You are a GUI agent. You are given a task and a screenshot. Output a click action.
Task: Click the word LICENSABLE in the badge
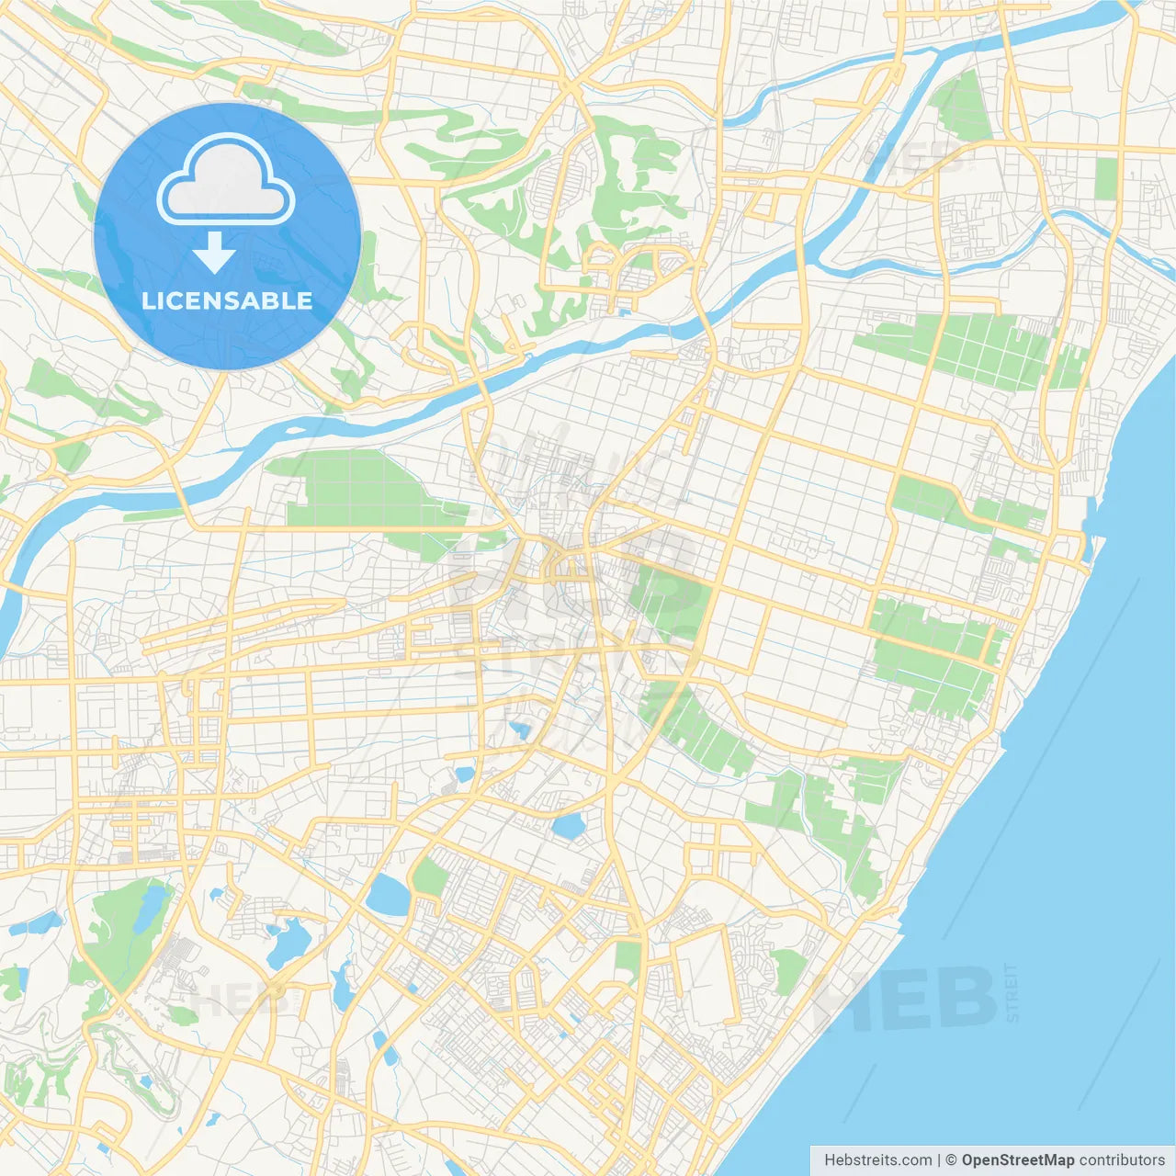pyautogui.click(x=227, y=300)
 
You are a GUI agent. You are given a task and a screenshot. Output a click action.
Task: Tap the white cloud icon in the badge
pyautogui.click(x=226, y=179)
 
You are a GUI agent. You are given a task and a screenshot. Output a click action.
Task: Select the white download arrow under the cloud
pyautogui.click(x=214, y=252)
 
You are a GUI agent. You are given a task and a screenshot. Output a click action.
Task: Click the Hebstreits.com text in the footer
pyautogui.click(x=877, y=1160)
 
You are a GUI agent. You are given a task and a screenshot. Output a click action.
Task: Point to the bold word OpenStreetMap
pyautogui.click(x=1018, y=1160)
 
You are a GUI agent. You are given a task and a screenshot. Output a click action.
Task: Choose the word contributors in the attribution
pyautogui.click(x=1122, y=1160)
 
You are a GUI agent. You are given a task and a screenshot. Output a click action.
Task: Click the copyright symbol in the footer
pyautogui.click(x=952, y=1160)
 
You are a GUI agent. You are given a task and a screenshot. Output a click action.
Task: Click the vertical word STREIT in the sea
pyautogui.click(x=1012, y=992)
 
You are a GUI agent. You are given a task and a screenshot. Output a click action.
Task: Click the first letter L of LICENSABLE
pyautogui.click(x=148, y=300)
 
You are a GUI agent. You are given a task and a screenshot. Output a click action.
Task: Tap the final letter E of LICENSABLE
pyautogui.click(x=305, y=300)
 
